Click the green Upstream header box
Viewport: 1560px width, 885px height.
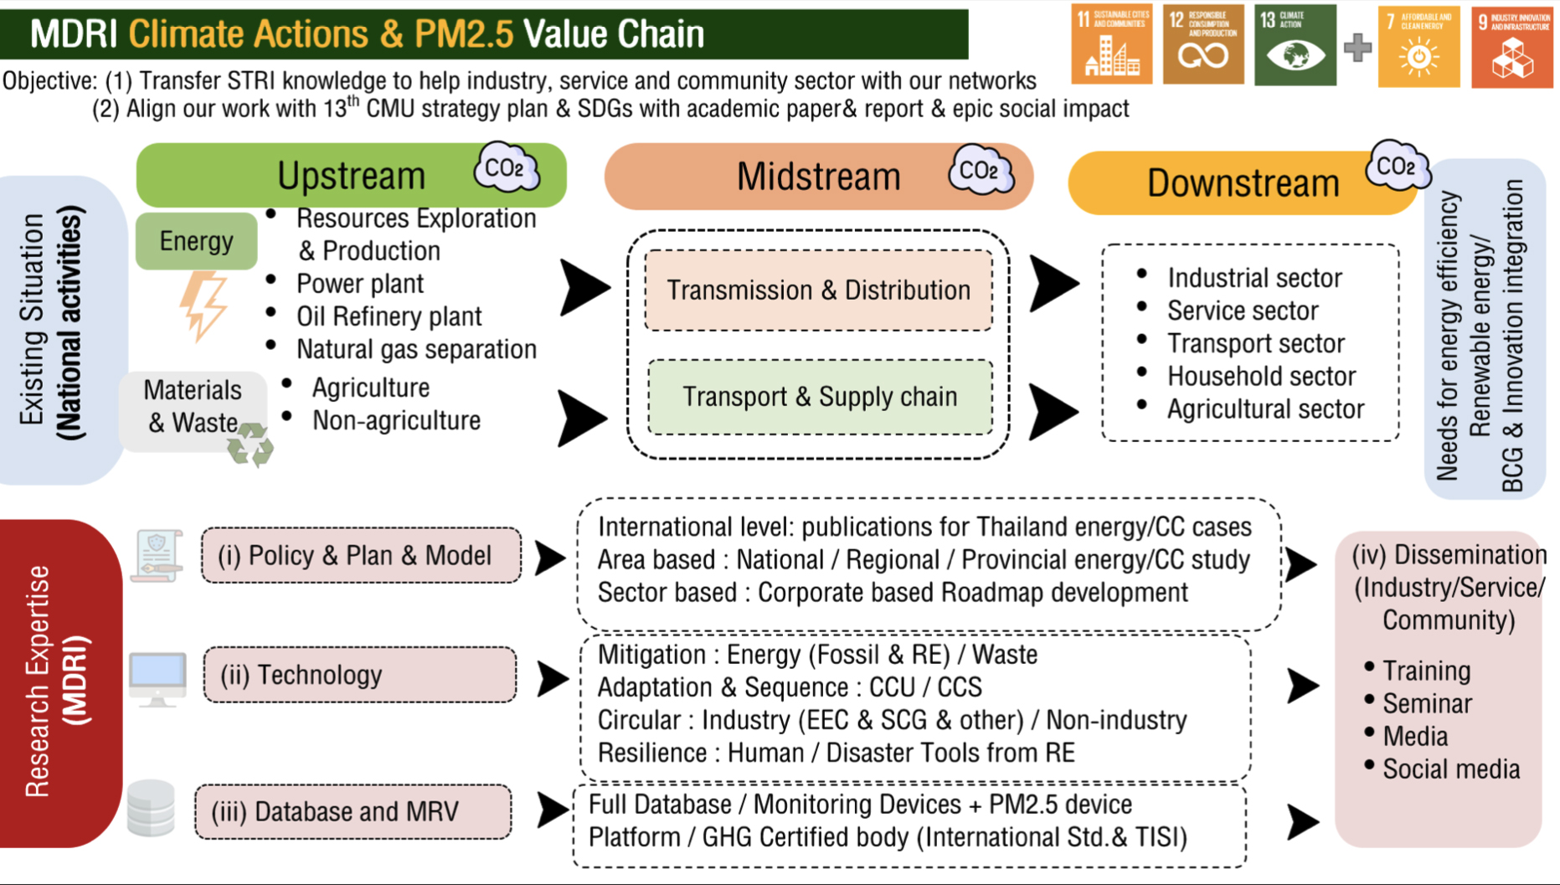click(x=351, y=175)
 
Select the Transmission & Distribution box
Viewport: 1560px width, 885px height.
click(x=818, y=290)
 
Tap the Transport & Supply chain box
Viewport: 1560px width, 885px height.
click(x=819, y=397)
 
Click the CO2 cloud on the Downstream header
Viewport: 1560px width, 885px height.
click(x=1395, y=167)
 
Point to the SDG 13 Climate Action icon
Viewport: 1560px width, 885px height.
click(x=1295, y=45)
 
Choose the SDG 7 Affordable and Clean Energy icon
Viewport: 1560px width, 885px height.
click(x=1418, y=47)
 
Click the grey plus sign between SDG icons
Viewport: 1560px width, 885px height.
click(x=1357, y=48)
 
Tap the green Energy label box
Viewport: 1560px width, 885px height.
click(x=196, y=241)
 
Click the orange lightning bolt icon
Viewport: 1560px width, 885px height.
click(x=203, y=306)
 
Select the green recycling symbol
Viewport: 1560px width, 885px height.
click(x=250, y=445)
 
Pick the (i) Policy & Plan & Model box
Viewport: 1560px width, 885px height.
click(x=361, y=555)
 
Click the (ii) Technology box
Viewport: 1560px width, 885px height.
click(x=360, y=675)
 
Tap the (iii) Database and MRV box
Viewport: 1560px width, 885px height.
click(x=353, y=811)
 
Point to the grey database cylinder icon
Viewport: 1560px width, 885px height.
click(x=151, y=808)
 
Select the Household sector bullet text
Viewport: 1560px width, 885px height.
click(x=1261, y=377)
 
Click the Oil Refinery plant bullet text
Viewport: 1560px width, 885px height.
click(x=389, y=316)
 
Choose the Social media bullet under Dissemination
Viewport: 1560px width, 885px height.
click(x=1450, y=769)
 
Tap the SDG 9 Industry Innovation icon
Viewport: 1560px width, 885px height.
click(x=1511, y=47)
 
